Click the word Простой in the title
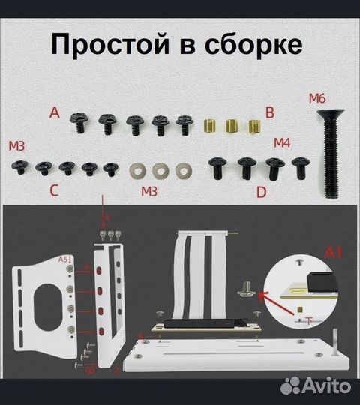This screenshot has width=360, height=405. pyautogui.click(x=110, y=44)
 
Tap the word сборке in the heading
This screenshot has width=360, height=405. pyautogui.click(x=253, y=44)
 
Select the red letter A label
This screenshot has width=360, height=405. pyautogui.click(x=53, y=113)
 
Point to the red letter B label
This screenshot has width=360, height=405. pyautogui.click(x=270, y=113)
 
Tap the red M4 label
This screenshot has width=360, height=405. pyautogui.click(x=282, y=142)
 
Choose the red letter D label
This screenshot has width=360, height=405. pyautogui.click(x=261, y=192)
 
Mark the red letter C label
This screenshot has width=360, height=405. pyautogui.click(x=54, y=190)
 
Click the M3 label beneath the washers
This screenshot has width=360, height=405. pyautogui.click(x=150, y=192)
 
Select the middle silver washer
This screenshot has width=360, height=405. pyautogui.click(x=160, y=169)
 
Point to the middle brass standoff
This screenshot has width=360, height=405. pyautogui.click(x=234, y=124)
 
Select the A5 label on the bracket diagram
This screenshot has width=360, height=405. pyautogui.click(x=65, y=259)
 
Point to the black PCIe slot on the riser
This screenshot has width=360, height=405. pyautogui.click(x=202, y=327)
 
